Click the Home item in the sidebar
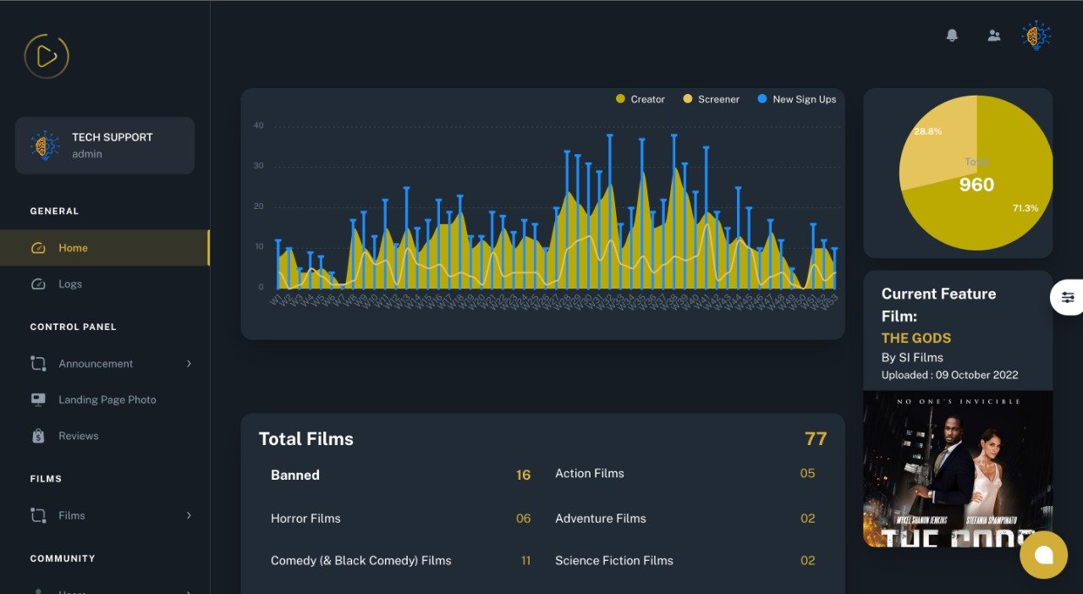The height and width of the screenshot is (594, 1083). (x=73, y=248)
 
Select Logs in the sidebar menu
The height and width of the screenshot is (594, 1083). (x=70, y=284)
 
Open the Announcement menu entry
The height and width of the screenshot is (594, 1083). (x=96, y=364)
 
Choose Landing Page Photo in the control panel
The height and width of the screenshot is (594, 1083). (x=107, y=400)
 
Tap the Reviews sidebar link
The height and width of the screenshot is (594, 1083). (x=78, y=437)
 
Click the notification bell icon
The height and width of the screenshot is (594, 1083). (x=952, y=36)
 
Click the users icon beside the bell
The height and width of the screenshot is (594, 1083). (x=994, y=36)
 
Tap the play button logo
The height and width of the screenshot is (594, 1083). (x=47, y=57)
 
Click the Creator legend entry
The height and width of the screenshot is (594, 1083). (x=640, y=100)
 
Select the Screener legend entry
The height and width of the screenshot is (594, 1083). (x=711, y=100)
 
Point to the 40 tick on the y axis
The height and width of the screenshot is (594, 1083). (x=258, y=126)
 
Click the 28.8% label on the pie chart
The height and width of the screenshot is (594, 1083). (x=927, y=132)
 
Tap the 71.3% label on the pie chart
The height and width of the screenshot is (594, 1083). (x=1025, y=208)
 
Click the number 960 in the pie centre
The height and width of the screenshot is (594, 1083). (x=976, y=185)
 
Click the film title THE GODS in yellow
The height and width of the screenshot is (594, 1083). (x=916, y=338)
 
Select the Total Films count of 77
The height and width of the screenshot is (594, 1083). (x=815, y=439)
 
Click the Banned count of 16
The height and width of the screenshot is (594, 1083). (x=523, y=476)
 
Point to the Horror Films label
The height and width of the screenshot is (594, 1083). (x=305, y=519)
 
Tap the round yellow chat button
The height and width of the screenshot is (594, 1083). (x=1043, y=555)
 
